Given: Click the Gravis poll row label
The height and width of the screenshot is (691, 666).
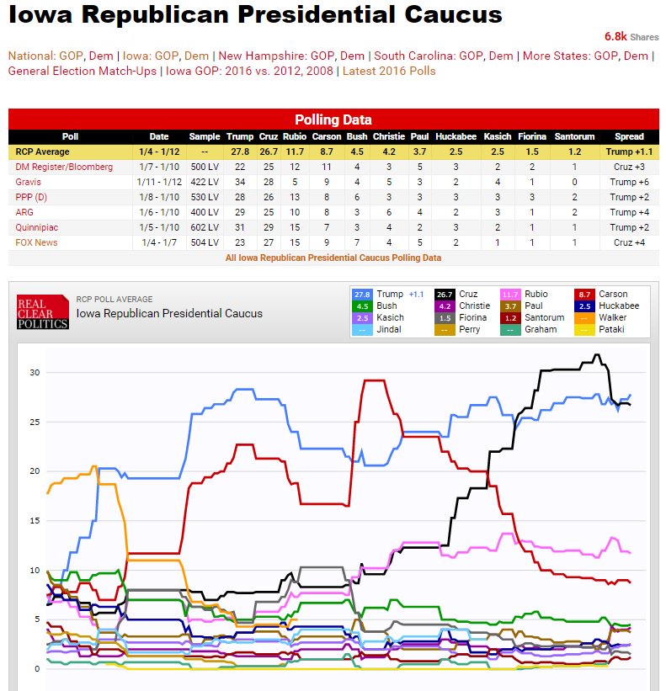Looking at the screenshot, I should pos(29,182).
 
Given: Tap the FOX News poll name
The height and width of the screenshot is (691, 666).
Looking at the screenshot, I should pos(37,242).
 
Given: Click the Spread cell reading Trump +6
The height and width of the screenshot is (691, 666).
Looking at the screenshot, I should pos(629,182).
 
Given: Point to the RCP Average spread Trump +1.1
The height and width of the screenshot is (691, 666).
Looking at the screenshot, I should pos(629,151).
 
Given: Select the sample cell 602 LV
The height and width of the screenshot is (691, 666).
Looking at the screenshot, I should pos(205,227).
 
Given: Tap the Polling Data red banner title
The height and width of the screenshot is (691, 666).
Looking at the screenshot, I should pos(333,120).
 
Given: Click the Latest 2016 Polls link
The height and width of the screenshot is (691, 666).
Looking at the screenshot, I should pos(389,71).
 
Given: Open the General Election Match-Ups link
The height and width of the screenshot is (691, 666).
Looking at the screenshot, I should pos(82,71).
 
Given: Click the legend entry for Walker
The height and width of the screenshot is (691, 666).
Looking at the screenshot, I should pos(611,317).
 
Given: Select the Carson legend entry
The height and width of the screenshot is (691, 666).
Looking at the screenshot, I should pos(612,294).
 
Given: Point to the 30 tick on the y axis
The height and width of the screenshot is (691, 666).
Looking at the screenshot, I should pos(34,372).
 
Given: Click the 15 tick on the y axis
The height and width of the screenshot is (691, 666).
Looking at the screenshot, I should pos(34,521).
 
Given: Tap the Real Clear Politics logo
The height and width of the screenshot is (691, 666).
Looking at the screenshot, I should pos(43,312).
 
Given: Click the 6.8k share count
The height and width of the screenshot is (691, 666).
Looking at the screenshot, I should pos(615,36).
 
